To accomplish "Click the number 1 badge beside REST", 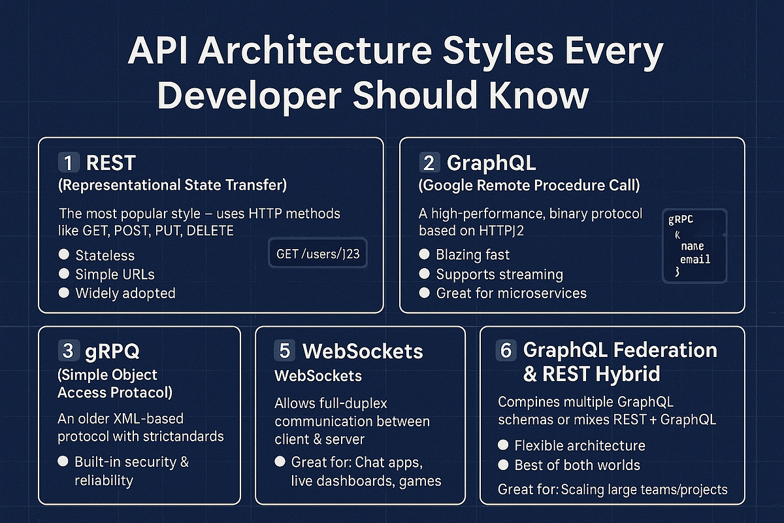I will [x=69, y=162].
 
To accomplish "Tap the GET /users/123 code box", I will [x=318, y=254].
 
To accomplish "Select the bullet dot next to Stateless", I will [x=64, y=254].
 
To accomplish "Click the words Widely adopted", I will [x=125, y=293].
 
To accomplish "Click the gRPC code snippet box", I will [x=694, y=245].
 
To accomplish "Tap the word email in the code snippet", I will [x=695, y=259].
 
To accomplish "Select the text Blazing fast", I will [x=473, y=254].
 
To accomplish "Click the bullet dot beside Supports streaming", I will [x=425, y=274].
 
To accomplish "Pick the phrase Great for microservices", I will [x=511, y=293].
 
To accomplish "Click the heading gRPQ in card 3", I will [x=112, y=350].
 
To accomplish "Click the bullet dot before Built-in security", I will [x=63, y=462].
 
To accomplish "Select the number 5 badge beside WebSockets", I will [x=285, y=350].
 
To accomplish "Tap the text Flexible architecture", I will [x=580, y=446].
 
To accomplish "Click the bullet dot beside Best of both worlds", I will [x=503, y=465].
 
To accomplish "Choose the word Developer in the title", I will [x=248, y=95].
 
